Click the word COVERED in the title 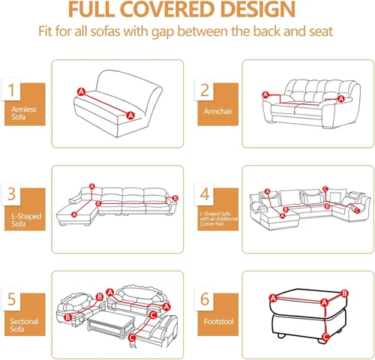click(169, 10)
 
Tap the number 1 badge click(11, 89)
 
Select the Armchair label click(218, 111)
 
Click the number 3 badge click(11, 194)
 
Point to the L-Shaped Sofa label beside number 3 click(26, 220)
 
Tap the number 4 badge click(204, 194)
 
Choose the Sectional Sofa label click(24, 325)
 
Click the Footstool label click(218, 321)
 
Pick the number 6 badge click(204, 299)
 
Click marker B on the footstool click(344, 293)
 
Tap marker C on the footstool click(325, 337)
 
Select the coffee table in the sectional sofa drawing click(111, 324)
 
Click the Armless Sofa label click(24, 113)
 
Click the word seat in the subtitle click(321, 31)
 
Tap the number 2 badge click(204, 89)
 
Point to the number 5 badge click(11, 299)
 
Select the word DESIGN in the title click(258, 10)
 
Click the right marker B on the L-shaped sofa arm click(175, 198)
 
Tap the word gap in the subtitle click(163, 32)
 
